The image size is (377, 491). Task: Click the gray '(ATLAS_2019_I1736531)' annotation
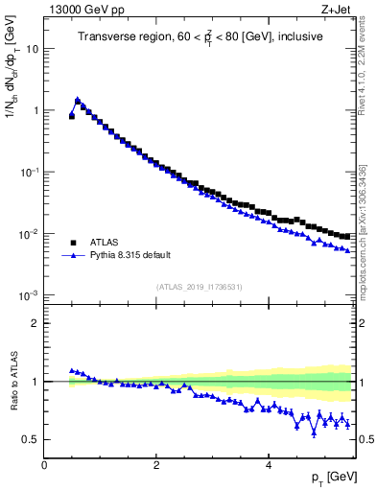coord(198,287)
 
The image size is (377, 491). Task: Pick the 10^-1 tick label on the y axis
coord(30,172)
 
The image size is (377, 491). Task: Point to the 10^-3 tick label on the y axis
coord(30,295)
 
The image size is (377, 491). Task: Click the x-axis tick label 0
coord(44,465)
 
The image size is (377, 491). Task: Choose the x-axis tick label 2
coord(155,465)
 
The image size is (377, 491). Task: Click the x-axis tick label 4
coord(268,465)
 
